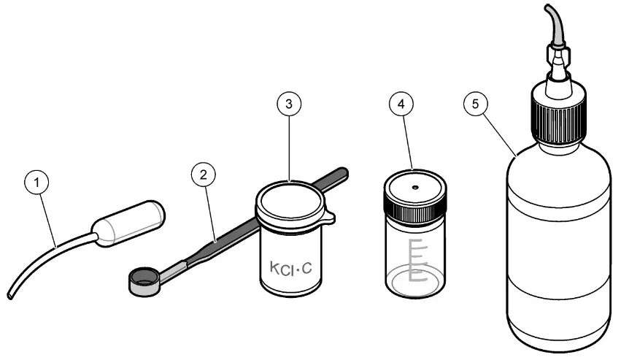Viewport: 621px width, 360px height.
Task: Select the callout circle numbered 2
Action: pyautogui.click(x=204, y=175)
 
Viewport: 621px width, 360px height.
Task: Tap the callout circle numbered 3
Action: pyautogui.click(x=289, y=104)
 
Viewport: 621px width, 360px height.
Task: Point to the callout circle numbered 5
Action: pyautogui.click(x=475, y=104)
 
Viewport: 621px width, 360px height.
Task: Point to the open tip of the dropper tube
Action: pyautogui.click(x=10, y=296)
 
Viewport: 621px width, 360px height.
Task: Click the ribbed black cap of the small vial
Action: pyautogui.click(x=414, y=208)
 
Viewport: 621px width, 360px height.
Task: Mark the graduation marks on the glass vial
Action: pyautogui.click(x=416, y=259)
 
